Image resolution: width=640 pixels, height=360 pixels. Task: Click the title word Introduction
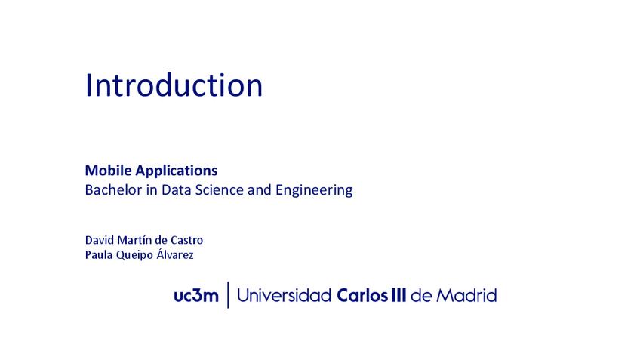coord(174,85)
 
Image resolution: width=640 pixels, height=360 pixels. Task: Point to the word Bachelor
coord(112,190)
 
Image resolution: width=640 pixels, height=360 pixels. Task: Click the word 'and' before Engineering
coord(259,190)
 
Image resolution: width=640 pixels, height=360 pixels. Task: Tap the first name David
coord(100,240)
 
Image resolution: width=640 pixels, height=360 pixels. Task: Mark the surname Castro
coord(187,240)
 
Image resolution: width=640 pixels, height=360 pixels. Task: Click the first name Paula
coord(99,255)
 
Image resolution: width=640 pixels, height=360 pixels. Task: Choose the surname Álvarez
coord(175,254)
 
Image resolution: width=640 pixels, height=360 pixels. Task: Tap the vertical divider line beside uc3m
coord(228,295)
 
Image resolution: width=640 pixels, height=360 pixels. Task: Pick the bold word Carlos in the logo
coord(360,295)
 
